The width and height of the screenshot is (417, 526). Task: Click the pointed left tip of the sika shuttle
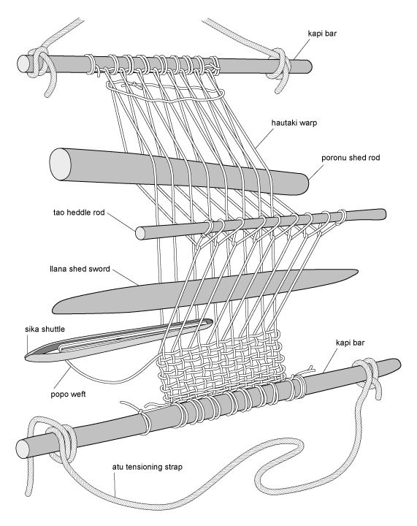pyautogui.click(x=27, y=357)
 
